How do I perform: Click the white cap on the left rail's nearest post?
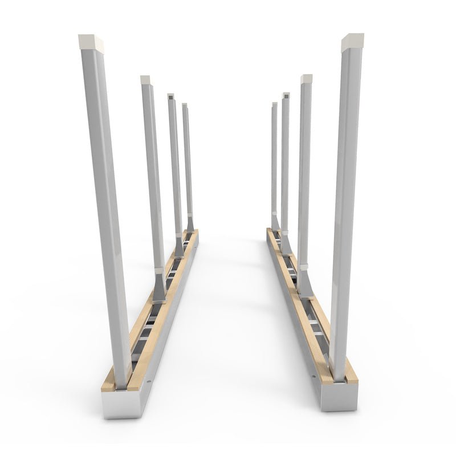coord(91,42)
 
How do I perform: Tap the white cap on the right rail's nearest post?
coord(352,42)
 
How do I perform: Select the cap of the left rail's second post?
coord(145,80)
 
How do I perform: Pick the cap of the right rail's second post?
coord(307,79)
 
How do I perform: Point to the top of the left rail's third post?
coord(171,96)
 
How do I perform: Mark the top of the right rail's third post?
coord(286,95)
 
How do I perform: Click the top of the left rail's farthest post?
coord(185,105)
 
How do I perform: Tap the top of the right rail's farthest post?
coord(274,105)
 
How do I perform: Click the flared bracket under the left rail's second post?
coord(158,288)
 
